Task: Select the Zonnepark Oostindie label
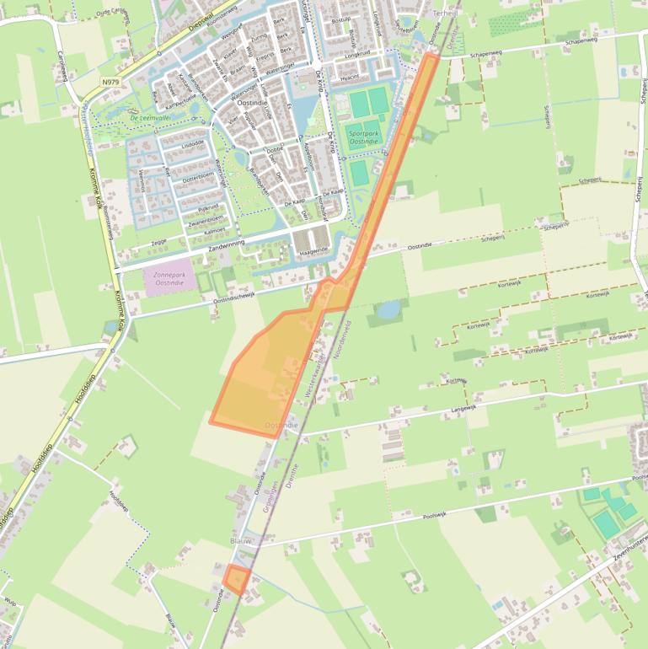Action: click(169, 279)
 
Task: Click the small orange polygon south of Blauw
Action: click(237, 580)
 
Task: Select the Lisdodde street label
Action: click(193, 143)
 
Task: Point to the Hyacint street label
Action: click(349, 76)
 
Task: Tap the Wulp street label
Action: click(10, 602)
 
